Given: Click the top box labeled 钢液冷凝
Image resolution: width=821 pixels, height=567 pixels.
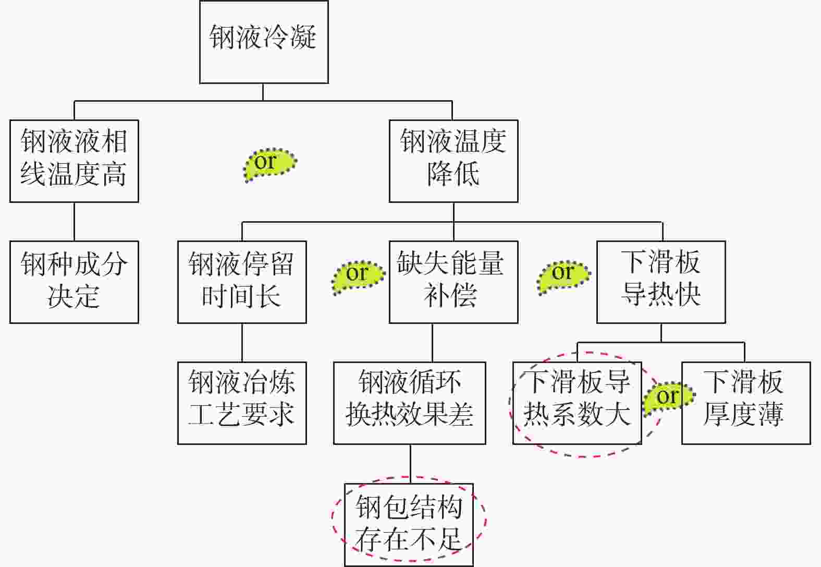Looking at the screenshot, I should point(264,42).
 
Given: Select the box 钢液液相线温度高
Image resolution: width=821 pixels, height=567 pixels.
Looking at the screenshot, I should point(74,161).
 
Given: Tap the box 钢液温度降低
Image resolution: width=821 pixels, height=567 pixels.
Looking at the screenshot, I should point(453,161).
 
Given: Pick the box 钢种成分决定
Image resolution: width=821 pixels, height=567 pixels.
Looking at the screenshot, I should point(74,282).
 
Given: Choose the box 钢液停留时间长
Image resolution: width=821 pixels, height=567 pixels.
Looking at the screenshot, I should point(242,282).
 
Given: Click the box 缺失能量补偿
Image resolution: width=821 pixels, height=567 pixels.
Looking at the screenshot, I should point(453,282).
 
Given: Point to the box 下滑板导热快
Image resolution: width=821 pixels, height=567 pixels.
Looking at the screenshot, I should point(661,282).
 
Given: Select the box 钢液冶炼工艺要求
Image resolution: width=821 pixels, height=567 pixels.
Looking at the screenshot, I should point(242,403).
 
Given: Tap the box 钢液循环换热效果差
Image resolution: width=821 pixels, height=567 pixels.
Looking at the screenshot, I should point(410,403).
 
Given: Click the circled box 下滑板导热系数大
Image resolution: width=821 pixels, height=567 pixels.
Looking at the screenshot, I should point(577,403).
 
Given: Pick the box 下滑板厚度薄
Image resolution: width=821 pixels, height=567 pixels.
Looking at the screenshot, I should point(746,403).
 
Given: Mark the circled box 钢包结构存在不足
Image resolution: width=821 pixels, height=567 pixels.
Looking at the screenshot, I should point(409,524).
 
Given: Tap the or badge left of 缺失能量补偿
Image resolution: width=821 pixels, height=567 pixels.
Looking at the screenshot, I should point(358,275).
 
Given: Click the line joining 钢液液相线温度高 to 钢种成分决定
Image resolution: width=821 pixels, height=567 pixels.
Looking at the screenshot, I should point(74,222).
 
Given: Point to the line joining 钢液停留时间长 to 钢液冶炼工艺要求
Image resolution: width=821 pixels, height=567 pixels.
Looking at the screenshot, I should point(242,343).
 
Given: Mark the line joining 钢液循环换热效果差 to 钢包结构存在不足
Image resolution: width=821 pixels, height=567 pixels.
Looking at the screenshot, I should point(410,464).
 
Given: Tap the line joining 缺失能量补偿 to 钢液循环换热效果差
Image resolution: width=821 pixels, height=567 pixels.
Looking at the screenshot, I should point(432,343).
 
